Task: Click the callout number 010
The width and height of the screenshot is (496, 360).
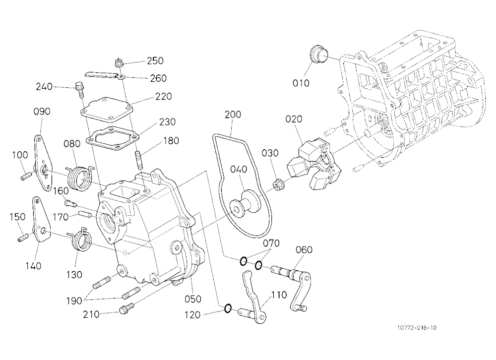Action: pos(301,83)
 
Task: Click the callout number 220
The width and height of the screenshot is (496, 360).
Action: pos(163,97)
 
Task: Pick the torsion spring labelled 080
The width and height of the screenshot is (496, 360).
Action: pos(79,179)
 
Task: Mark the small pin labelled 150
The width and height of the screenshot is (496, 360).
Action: pos(24,237)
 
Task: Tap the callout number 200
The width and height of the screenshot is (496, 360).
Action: pos(233,114)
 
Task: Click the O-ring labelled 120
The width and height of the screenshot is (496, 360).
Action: pos(228,308)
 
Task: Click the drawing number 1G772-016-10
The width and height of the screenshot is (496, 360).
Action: pos(416,327)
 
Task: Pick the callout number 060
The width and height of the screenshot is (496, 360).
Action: pos(304,249)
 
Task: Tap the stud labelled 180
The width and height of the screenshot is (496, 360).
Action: pos(138,159)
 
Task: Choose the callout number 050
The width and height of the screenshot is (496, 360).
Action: pos(192,299)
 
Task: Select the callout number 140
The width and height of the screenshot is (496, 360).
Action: pos(33,266)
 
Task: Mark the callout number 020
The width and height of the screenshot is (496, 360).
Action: pos(294,119)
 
